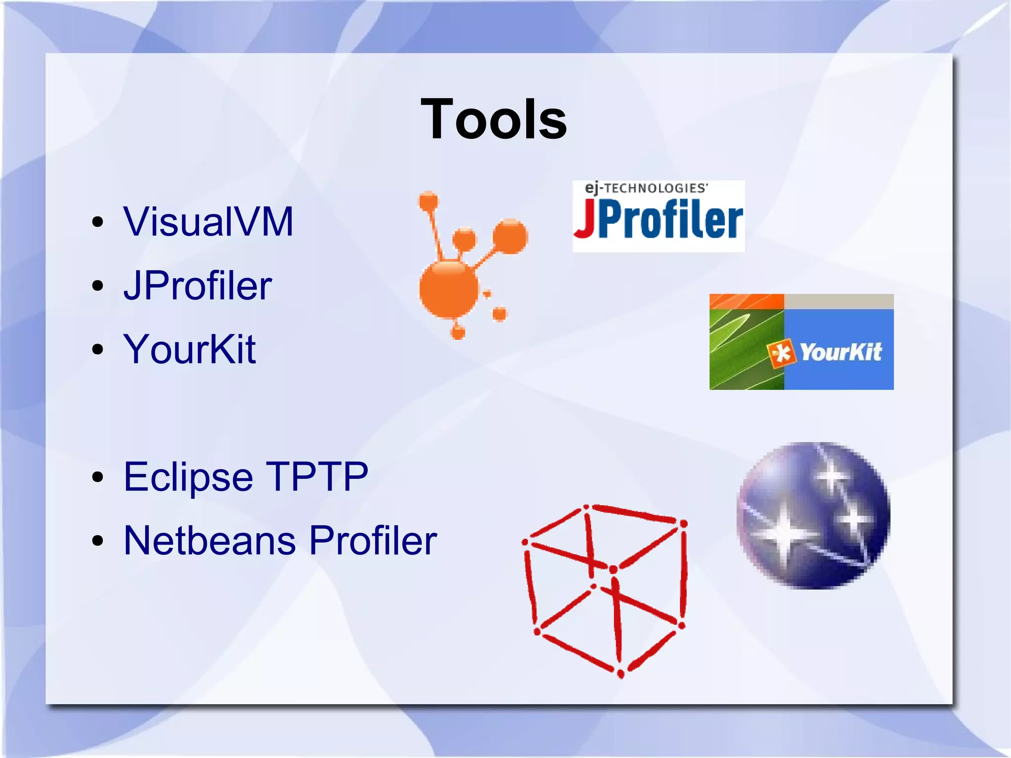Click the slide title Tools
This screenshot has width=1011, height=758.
pyautogui.click(x=494, y=120)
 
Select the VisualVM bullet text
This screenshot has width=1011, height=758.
pyautogui.click(x=208, y=222)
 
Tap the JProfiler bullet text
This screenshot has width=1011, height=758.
pyautogui.click(x=197, y=286)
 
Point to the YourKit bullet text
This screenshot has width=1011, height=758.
pyautogui.click(x=190, y=349)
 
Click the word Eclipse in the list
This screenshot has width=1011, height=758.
pyautogui.click(x=188, y=477)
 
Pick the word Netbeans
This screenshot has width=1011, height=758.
pyautogui.click(x=210, y=541)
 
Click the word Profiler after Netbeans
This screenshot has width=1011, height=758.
pyautogui.click(x=373, y=541)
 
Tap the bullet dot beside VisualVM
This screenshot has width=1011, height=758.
pyautogui.click(x=98, y=222)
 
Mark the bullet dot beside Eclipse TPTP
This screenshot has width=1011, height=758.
pyautogui.click(x=98, y=477)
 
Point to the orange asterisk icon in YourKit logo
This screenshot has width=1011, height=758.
pyautogui.click(x=781, y=353)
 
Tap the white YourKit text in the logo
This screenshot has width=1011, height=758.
pyautogui.click(x=840, y=352)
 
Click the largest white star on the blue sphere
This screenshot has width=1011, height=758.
pyautogui.click(x=785, y=534)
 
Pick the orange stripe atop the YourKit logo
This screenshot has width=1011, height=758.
pyautogui.click(x=746, y=301)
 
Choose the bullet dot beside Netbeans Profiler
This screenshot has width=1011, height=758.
pyautogui.click(x=98, y=541)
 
